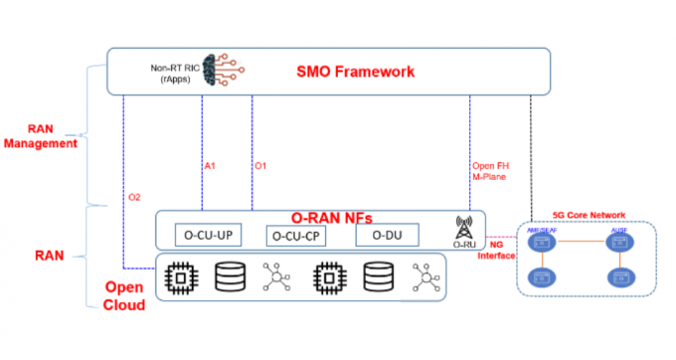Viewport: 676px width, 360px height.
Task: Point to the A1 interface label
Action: (210, 165)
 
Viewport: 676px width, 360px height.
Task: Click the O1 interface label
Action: (260, 165)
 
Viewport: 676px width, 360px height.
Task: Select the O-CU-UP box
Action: (205, 236)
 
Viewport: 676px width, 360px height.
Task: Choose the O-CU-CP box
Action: (296, 236)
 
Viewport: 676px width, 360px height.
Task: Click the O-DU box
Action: (379, 236)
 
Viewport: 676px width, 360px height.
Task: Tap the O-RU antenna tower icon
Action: (461, 228)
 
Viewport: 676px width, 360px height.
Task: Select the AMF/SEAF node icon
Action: (543, 241)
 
